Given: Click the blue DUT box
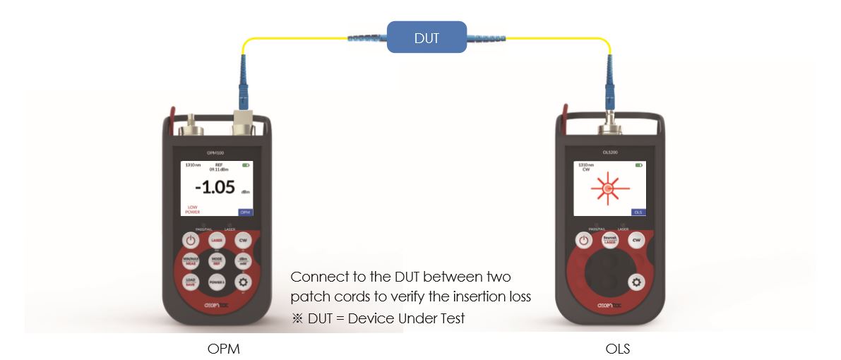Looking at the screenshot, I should point(426,37).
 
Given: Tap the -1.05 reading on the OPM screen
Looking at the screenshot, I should point(216,188).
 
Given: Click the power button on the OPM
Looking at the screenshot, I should point(190,241).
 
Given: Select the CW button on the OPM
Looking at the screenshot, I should point(243,241).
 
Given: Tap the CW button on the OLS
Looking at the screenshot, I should point(636,241).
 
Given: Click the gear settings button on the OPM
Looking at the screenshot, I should point(243,282).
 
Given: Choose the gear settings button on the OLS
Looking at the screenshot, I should point(636,282).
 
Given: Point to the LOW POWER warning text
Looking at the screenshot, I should point(193,209).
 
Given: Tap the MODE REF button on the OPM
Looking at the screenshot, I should point(217,261).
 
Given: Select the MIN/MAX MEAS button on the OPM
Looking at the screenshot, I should point(190,261).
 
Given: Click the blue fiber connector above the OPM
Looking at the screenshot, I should point(244,85).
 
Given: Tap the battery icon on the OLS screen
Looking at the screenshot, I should point(638,165).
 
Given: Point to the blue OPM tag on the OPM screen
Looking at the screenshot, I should point(245,212).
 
